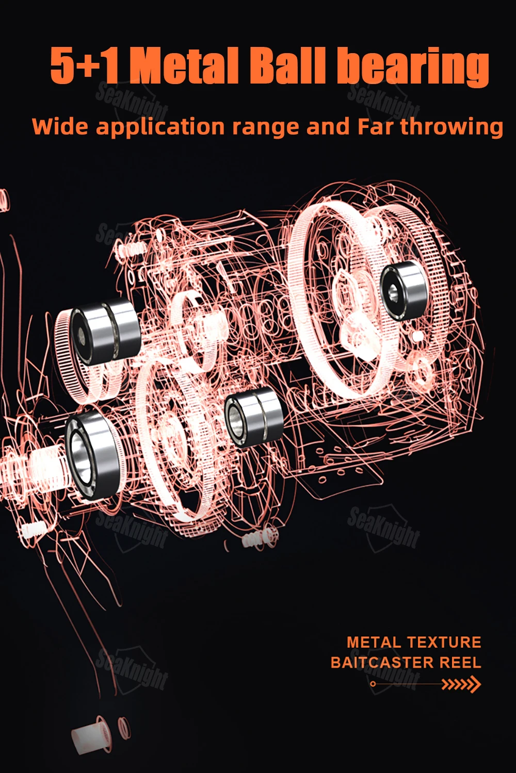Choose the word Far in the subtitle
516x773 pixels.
point(375,126)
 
